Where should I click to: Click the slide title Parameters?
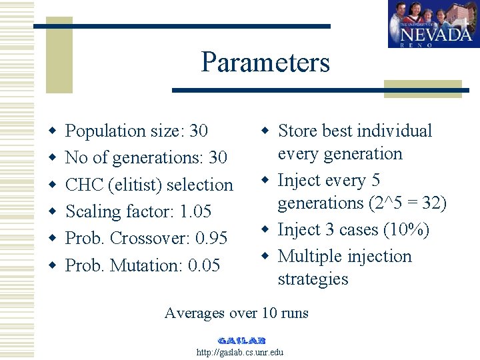tap(265, 63)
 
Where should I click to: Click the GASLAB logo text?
tap(241, 340)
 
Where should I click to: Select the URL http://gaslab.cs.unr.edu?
tap(240, 352)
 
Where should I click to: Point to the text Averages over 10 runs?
tap(236, 313)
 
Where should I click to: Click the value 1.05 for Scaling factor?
tap(195, 212)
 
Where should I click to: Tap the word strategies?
tap(313, 279)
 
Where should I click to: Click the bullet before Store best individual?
tap(264, 129)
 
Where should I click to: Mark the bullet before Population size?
tap(51, 130)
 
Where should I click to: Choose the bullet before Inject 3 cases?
tap(264, 229)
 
